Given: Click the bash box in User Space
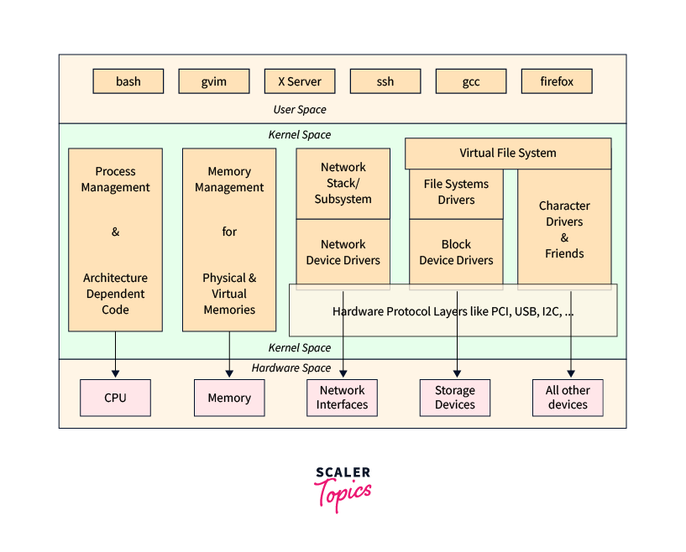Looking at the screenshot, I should (x=128, y=81).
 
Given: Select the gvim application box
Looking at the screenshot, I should (x=214, y=81).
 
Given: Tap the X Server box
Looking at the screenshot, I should (x=300, y=81).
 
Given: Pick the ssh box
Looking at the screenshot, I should (x=385, y=81).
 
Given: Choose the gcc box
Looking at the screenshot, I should (x=471, y=81).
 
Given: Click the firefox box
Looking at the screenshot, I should (x=557, y=81).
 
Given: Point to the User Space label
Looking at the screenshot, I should (x=300, y=110).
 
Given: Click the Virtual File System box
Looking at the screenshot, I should (x=508, y=154).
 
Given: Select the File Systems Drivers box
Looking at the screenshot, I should (x=456, y=192).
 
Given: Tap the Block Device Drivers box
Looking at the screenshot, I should (x=456, y=253).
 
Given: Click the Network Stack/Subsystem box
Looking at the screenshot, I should (x=343, y=184).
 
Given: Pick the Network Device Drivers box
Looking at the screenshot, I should (x=343, y=253).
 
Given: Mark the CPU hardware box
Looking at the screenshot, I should (x=115, y=398).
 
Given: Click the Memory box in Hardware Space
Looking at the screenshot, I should (x=229, y=398).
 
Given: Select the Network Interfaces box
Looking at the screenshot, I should (x=343, y=398).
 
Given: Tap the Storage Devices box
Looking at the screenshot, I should (x=455, y=398).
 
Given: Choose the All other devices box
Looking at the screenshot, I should (x=568, y=398).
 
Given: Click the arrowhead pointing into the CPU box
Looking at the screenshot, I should (x=115, y=373).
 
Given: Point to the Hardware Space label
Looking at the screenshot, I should (x=291, y=368).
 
